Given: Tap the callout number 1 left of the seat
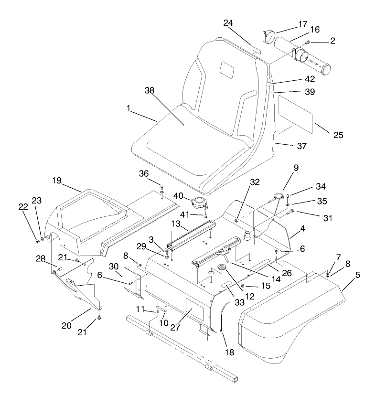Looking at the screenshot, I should tap(129, 109).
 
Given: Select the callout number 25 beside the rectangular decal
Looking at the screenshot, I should tap(338, 135).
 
